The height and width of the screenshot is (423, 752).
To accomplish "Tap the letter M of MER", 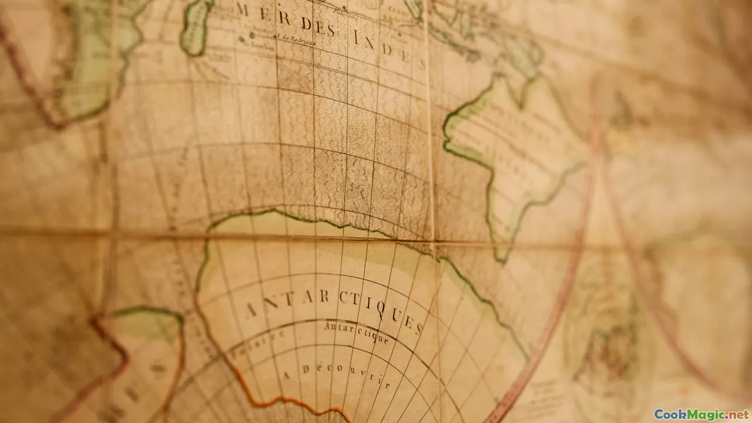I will [x=241, y=9].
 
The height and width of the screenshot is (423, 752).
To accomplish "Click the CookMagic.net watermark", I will [x=701, y=414].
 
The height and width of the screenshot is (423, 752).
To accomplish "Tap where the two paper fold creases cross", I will [x=434, y=243].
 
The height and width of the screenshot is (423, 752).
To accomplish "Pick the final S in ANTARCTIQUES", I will [x=418, y=328].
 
